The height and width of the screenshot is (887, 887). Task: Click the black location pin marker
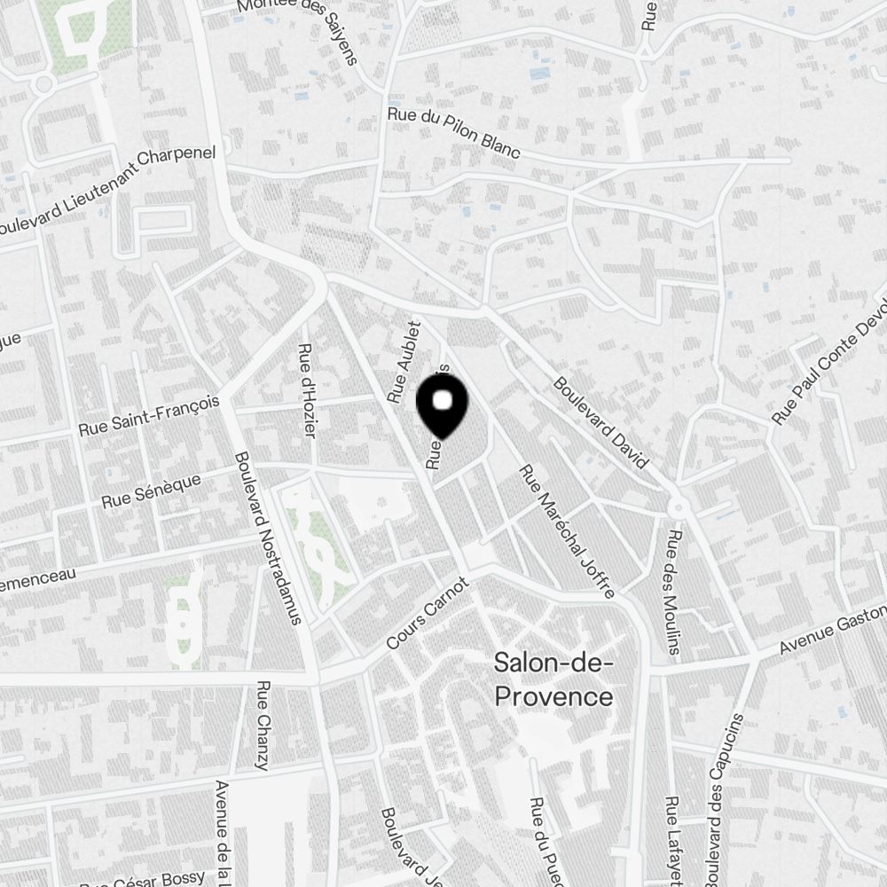pyautogui.click(x=442, y=404)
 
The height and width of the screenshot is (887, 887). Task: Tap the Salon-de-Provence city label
pyautogui.click(x=553, y=679)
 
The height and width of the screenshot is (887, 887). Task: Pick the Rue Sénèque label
pyautogui.click(x=151, y=490)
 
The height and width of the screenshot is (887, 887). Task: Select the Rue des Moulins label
pyautogui.click(x=673, y=593)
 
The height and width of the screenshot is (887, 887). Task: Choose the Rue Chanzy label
pyautogui.click(x=263, y=725)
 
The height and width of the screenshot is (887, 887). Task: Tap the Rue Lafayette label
pyautogui.click(x=673, y=838)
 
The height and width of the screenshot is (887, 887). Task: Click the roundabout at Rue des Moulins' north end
pyautogui.click(x=678, y=507)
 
